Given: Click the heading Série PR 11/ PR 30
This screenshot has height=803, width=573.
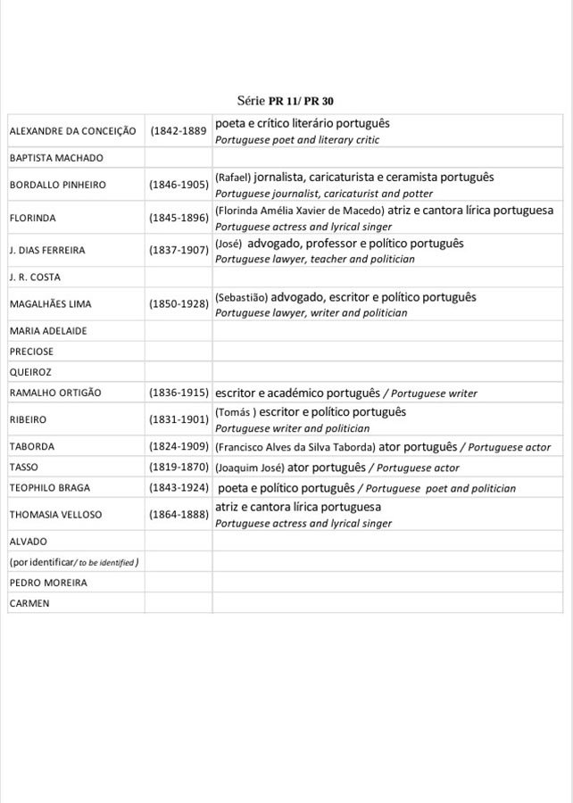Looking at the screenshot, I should [286, 102].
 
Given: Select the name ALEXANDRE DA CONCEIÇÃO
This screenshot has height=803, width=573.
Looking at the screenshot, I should [72, 131].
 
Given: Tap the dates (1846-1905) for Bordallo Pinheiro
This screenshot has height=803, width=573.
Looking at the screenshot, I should [179, 185].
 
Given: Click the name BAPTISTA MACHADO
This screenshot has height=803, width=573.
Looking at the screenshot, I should [56, 158].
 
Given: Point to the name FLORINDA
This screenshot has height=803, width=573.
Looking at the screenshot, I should [32, 218].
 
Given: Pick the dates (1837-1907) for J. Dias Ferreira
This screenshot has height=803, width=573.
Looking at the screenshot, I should [179, 251].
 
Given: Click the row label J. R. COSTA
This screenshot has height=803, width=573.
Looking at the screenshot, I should [35, 277].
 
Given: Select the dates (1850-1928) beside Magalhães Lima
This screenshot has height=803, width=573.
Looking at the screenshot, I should [179, 304].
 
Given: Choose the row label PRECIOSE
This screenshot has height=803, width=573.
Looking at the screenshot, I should [31, 352].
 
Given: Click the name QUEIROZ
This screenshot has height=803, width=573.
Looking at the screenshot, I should [30, 372].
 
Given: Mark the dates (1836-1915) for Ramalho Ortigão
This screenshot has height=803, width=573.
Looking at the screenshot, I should [179, 393].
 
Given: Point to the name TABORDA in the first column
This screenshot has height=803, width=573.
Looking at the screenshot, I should [31, 446].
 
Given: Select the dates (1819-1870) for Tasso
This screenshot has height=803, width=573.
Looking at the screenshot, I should [179, 468].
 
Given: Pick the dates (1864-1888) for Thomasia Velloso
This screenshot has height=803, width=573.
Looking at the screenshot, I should [179, 515].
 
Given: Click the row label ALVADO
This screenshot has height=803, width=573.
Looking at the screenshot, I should [28, 542].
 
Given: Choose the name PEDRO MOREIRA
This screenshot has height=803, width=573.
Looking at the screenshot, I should [48, 583].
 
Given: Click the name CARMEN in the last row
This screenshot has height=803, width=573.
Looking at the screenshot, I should [29, 603].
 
